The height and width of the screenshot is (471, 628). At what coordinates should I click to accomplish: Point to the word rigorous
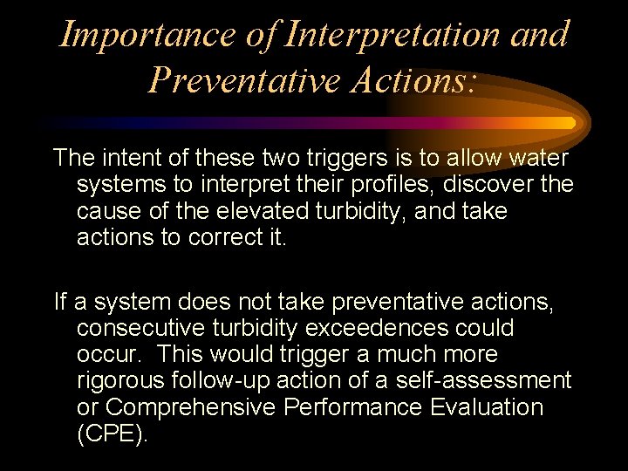[119, 381]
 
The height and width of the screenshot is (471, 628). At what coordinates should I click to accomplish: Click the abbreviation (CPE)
[113, 434]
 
